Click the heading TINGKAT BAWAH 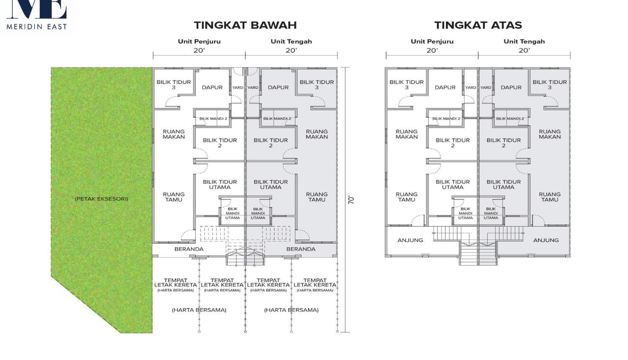click(245, 25)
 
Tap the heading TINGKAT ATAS click(478, 25)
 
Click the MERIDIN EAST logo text click(37, 27)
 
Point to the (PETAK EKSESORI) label click(101, 199)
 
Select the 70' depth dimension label click(351, 200)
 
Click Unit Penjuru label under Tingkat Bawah click(199, 41)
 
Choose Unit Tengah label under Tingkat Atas click(524, 41)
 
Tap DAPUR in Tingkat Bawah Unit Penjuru click(212, 87)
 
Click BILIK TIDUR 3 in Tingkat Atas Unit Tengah click(549, 85)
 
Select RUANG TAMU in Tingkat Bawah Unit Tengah click(317, 197)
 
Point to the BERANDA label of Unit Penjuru click(189, 249)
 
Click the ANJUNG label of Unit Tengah click(546, 240)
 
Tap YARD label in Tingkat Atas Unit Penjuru click(471, 87)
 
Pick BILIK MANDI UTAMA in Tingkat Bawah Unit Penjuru click(232, 213)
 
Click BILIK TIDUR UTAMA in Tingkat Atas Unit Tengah click(504, 185)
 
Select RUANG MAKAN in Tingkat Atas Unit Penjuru click(407, 134)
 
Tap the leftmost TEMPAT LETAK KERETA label click(175, 282)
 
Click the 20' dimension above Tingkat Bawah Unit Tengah click(291, 51)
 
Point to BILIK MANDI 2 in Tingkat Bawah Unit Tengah click(277, 118)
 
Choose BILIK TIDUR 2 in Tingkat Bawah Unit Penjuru click(220, 143)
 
